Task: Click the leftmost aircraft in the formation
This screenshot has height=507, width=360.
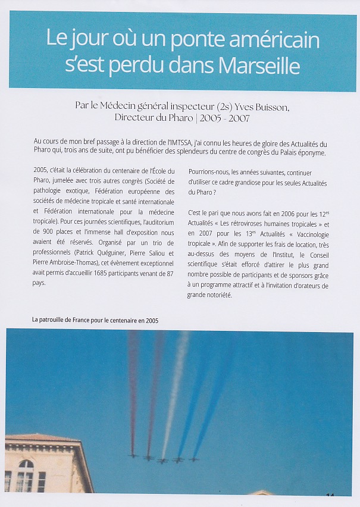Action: (x=132, y=456)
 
